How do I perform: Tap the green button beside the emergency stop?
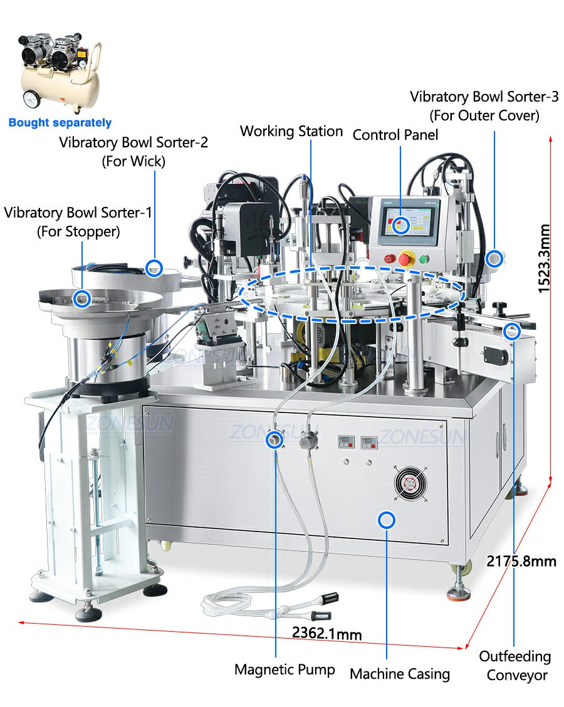point(424,259)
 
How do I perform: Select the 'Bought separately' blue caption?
point(60,123)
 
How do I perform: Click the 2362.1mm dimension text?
point(327,633)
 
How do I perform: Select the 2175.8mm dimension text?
point(521,562)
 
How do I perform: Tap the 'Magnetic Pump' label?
point(285,669)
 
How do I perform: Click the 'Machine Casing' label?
point(400,674)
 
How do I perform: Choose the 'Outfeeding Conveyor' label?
point(516,666)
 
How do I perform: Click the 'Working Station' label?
point(291,131)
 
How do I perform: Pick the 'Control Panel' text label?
point(395,135)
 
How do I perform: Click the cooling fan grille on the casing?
point(410,484)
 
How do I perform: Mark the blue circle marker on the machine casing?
point(387,520)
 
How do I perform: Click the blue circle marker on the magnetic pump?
point(274,439)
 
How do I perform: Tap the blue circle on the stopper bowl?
point(82,298)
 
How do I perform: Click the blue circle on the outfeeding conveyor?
point(511,332)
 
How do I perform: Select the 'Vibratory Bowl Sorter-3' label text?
point(484,97)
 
